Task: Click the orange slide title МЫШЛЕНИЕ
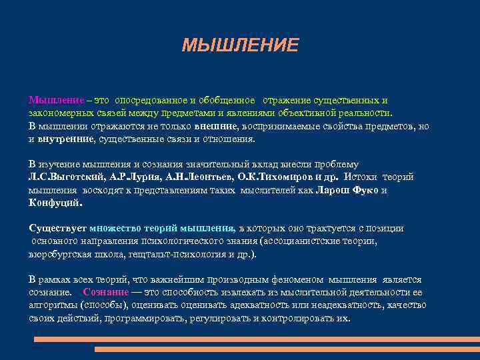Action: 241,45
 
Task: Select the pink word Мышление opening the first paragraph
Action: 56,100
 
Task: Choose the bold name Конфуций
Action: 55,203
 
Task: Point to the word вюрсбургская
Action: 60,255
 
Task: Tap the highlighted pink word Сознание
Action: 106,293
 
